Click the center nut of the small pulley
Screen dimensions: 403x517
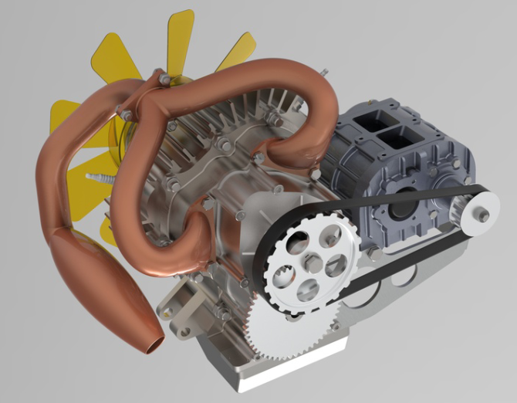(483, 216)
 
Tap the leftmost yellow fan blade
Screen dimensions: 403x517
(65, 120)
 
